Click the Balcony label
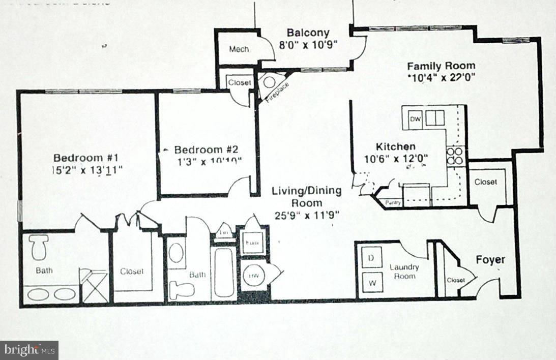(x=308, y=33)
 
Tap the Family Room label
(x=441, y=66)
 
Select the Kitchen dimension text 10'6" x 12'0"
(x=396, y=158)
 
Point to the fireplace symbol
(x=269, y=83)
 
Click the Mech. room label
(x=239, y=49)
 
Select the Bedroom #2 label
(x=206, y=149)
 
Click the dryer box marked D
(x=371, y=258)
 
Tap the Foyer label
(x=490, y=260)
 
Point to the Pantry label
(x=393, y=203)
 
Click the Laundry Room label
(x=404, y=272)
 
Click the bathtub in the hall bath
(x=224, y=273)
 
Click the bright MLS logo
(x=29, y=350)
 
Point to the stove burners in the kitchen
(x=454, y=156)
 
